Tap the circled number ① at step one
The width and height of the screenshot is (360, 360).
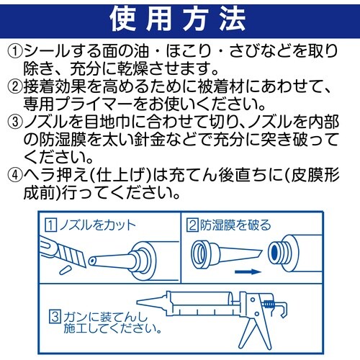point(15,50)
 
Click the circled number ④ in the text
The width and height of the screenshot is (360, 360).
point(15,176)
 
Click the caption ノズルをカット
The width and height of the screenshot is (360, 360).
point(99,225)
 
